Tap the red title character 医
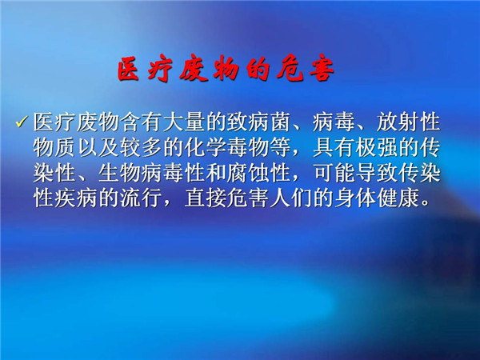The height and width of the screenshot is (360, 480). click(x=129, y=69)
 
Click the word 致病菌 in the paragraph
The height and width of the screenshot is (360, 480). click(x=258, y=122)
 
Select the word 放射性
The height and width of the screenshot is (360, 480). click(x=408, y=122)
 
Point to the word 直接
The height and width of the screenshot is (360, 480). click(x=206, y=198)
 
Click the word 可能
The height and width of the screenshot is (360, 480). click(x=334, y=173)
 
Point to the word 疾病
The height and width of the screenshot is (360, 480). click(x=76, y=198)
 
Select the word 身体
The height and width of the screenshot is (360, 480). click(x=355, y=198)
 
